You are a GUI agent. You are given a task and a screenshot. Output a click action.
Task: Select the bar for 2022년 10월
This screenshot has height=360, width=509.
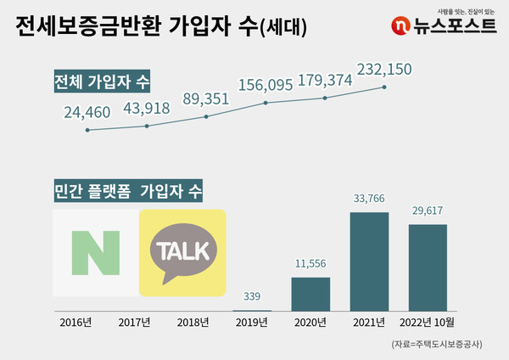[x=428, y=267]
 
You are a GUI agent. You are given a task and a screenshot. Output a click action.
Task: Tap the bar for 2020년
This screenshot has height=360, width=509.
[x=310, y=293]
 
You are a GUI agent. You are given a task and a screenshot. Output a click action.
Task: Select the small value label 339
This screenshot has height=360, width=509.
[x=252, y=296]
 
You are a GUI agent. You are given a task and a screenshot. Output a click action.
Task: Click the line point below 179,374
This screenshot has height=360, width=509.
[x=327, y=98]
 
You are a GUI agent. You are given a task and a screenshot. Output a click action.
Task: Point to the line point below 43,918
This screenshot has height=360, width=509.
[x=148, y=127]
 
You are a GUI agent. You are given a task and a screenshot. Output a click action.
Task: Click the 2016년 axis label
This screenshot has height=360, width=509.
[x=76, y=323]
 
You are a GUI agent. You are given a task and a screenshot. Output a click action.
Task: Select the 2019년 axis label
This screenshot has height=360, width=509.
[x=252, y=323]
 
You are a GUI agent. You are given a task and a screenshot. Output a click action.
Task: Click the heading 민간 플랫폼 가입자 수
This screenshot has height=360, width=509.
[x=126, y=191]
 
